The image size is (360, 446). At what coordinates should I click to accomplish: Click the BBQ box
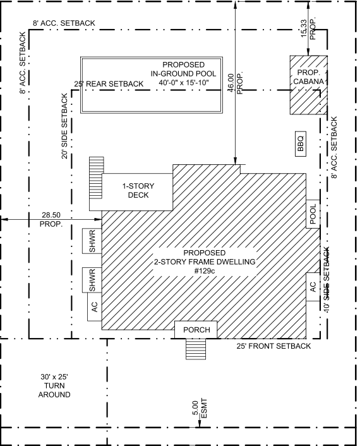click(x=301, y=144)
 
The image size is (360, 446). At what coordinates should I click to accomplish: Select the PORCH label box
click(x=196, y=330)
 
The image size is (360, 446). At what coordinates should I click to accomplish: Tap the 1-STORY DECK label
click(x=138, y=191)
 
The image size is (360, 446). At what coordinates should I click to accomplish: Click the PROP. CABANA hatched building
click(x=309, y=85)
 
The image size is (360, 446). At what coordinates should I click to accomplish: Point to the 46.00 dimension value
click(x=231, y=83)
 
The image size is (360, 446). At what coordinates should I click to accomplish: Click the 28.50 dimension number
click(x=51, y=215)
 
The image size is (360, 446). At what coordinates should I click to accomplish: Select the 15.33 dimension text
click(x=304, y=28)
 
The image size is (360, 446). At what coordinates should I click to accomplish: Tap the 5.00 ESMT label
click(x=200, y=409)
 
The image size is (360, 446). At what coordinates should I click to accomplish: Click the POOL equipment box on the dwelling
click(x=313, y=214)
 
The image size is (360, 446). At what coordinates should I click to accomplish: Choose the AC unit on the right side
click(x=313, y=287)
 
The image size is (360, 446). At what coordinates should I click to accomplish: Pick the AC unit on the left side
click(x=94, y=307)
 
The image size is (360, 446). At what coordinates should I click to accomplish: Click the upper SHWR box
click(x=92, y=241)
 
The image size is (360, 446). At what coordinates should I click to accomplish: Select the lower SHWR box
click(x=92, y=280)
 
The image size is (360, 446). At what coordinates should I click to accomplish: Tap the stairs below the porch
click(x=196, y=349)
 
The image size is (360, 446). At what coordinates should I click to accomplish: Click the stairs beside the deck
click(x=97, y=178)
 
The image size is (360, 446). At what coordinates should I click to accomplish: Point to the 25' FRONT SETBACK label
click(x=273, y=346)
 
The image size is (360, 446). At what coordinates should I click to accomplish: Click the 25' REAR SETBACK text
click(x=109, y=84)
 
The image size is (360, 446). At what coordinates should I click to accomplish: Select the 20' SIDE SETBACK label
click(x=65, y=126)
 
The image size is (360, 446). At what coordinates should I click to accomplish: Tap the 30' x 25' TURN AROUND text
click(x=54, y=386)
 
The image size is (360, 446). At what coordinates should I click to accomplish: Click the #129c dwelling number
click(x=205, y=271)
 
